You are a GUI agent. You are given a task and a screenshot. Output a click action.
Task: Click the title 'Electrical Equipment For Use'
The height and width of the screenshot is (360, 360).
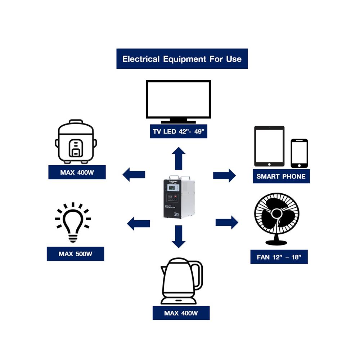tap(182, 59)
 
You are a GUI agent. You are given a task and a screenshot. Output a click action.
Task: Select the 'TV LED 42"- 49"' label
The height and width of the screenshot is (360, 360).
tap(178, 131)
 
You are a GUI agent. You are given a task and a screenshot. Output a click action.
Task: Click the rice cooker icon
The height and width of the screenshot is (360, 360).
tap(76, 141)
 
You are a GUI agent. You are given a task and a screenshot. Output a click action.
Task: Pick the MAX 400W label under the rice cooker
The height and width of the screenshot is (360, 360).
tap(77, 172)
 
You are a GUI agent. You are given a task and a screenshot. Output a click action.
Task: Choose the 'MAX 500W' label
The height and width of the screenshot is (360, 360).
tap(75, 254)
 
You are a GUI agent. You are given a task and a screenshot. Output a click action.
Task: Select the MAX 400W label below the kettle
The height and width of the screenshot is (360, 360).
tap(181, 313)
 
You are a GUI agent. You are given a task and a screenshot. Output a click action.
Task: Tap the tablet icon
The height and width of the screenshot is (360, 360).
tap(269, 146)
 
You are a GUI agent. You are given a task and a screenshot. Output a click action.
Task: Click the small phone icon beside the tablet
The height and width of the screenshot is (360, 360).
tap(299, 153)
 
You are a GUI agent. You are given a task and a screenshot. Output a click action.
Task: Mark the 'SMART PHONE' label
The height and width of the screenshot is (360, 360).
tap(281, 176)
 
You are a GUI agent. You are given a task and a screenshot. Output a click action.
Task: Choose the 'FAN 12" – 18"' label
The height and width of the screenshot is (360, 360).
tap(279, 257)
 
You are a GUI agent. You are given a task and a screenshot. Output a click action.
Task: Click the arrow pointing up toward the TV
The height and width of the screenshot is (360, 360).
tap(179, 158)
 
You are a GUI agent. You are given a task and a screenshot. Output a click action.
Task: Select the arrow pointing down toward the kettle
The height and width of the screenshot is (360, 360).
tap(179, 236)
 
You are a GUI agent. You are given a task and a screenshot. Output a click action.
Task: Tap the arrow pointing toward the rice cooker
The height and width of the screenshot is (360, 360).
tap(134, 175)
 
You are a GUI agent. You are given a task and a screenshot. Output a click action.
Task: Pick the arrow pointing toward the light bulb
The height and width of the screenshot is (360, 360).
tap(138, 223)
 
